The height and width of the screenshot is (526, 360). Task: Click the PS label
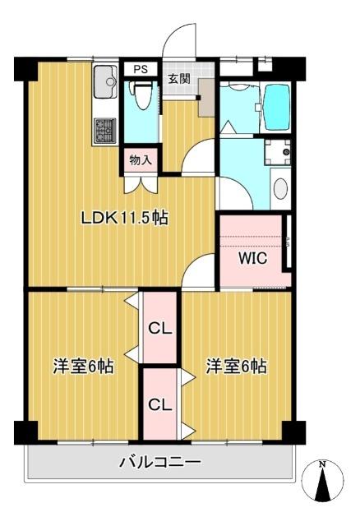(x=141, y=69)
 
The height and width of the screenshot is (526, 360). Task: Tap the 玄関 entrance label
(x=179, y=79)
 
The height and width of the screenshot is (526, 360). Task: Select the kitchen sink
(x=105, y=81)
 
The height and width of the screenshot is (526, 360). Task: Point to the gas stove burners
(x=105, y=130)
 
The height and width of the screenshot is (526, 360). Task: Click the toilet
(x=141, y=99)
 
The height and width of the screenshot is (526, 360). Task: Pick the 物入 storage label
(x=141, y=160)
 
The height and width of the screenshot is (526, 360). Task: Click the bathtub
(x=275, y=102)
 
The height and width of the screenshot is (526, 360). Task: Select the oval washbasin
(x=279, y=188)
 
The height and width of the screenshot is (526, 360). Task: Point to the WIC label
(x=252, y=257)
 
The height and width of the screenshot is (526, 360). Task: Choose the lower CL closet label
(x=159, y=404)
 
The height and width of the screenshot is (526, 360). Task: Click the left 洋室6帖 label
(x=83, y=366)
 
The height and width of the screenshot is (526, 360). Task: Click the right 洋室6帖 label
(x=236, y=366)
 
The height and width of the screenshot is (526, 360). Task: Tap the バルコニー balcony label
(x=160, y=463)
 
